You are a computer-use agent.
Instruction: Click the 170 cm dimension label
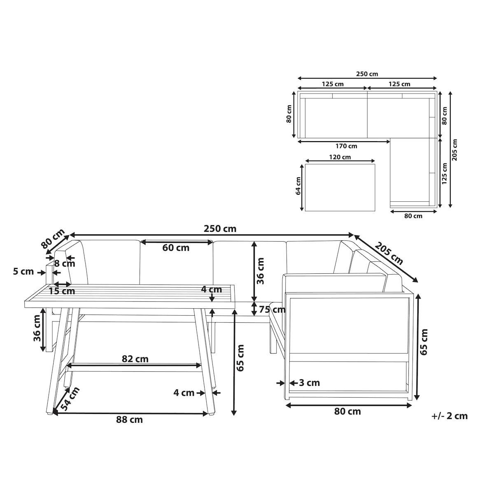pos(346,146)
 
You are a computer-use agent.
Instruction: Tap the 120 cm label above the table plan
pos(340,157)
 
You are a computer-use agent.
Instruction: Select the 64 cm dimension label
pos(298,186)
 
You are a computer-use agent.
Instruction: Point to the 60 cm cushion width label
pos(176,248)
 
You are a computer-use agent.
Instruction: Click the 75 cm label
pos(272,310)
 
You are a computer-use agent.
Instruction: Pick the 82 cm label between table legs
pos(135,359)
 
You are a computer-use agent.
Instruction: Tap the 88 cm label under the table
pos(129,419)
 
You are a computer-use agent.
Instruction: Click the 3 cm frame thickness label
pos(310,383)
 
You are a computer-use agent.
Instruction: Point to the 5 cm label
pos(23,271)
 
